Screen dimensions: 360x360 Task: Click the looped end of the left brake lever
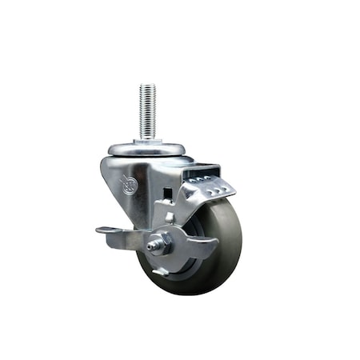pyautogui.click(x=106, y=232)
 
